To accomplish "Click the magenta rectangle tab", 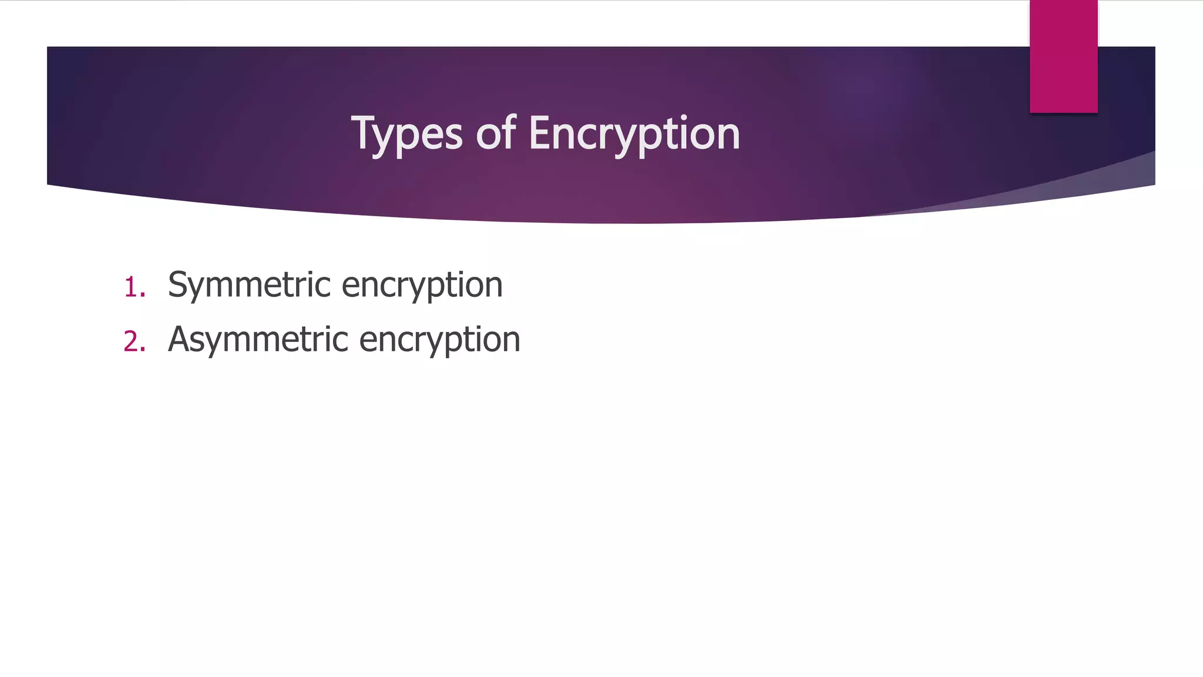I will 1063,56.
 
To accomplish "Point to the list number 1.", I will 133,288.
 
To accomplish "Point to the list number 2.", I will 133,342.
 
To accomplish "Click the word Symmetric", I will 249,286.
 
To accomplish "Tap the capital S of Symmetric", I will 179,284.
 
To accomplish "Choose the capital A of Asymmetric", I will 180,339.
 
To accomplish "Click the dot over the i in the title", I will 684,118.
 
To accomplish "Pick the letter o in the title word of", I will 488,136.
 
